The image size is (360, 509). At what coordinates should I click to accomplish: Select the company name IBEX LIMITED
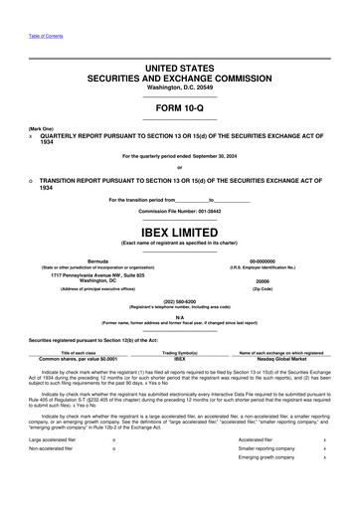[x=180, y=229]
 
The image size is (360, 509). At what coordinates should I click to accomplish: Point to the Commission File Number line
[x=180, y=212]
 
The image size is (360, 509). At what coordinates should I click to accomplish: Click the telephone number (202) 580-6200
[x=180, y=300]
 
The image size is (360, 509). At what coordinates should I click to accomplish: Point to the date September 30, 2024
[x=215, y=157]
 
